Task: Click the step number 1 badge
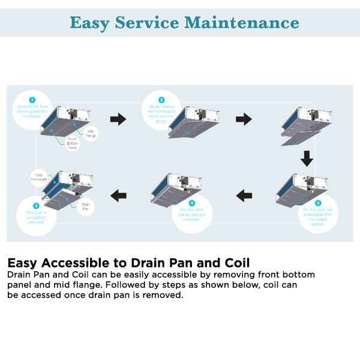(32, 100)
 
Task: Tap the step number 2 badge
(161, 100)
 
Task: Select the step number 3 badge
(318, 203)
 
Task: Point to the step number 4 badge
(191, 203)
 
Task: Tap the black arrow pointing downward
(307, 158)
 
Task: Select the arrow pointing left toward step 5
(118, 193)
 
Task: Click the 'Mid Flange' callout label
(90, 133)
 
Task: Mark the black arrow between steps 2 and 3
(244, 119)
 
